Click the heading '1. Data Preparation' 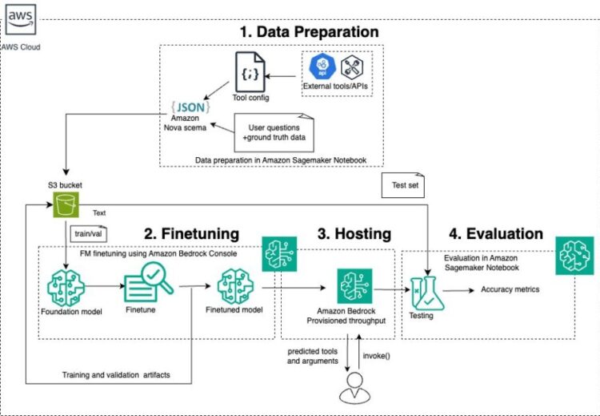(x=310, y=32)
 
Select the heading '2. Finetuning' (x=191, y=234)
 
